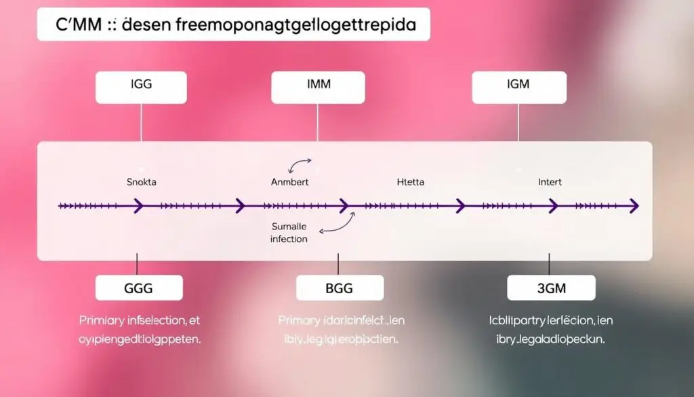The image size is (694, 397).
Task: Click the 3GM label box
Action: pyautogui.click(x=551, y=288)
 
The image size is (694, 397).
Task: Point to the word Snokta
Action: pyautogui.click(x=141, y=182)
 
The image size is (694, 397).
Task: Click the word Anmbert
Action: pyautogui.click(x=289, y=182)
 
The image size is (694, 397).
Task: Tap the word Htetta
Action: pyautogui.click(x=409, y=182)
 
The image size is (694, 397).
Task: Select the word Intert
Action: pyautogui.click(x=549, y=182)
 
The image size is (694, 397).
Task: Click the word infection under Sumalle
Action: pyautogui.click(x=289, y=239)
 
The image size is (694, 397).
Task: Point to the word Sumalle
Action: pyautogui.click(x=289, y=227)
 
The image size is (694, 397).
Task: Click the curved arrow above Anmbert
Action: pyautogui.click(x=300, y=166)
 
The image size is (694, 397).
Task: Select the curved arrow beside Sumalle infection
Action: pyautogui.click(x=338, y=224)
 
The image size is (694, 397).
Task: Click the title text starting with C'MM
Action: pyautogui.click(x=233, y=24)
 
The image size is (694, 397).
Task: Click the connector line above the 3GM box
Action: pyautogui.click(x=550, y=264)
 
